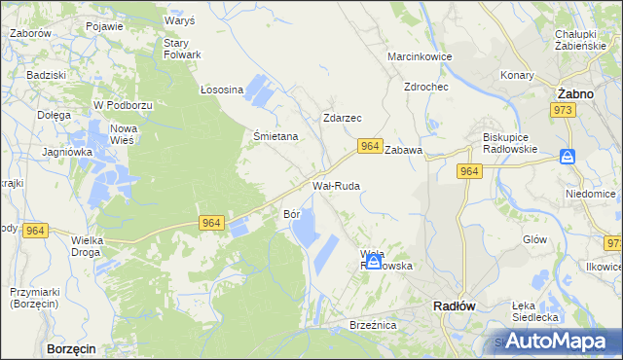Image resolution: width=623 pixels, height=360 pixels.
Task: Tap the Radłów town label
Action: [453, 305]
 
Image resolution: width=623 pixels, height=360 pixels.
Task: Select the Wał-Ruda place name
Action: [336, 184]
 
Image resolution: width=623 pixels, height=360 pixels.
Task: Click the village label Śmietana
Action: [275, 137]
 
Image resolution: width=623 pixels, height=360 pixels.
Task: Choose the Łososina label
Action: [221, 90]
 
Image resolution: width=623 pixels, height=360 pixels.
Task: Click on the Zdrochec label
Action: [425, 86]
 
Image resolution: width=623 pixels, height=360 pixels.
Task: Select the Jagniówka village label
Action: [67, 152]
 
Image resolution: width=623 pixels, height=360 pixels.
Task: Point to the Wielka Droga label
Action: [87, 245]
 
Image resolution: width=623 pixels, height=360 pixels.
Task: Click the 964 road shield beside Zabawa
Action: [368, 146]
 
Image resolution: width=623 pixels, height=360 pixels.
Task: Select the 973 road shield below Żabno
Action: [565, 111]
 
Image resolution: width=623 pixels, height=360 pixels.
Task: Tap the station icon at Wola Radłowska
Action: [373, 261]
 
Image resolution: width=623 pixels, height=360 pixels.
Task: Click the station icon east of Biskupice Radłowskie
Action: [568, 156]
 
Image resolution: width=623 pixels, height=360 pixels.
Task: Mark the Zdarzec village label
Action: [342, 118]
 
